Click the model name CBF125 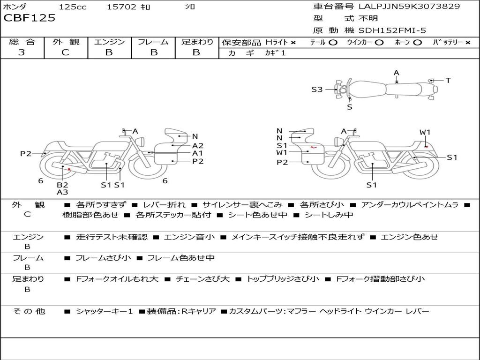[x=30, y=18]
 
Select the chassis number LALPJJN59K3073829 [x=409, y=7]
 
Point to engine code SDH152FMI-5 [x=392, y=30]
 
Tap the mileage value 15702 [x=121, y=7]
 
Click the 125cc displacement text [x=73, y=7]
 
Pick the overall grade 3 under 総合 [x=22, y=52]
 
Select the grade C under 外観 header [x=66, y=52]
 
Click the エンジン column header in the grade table [x=109, y=42]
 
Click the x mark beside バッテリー [x=468, y=43]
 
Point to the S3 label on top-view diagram [x=317, y=90]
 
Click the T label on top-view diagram [x=448, y=81]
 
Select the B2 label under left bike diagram [x=62, y=185]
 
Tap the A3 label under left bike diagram [x=62, y=192]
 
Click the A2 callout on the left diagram [x=198, y=146]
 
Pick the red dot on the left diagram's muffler [x=69, y=169]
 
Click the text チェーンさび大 [x=202, y=279]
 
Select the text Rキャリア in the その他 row [x=199, y=311]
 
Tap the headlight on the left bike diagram [x=141, y=142]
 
